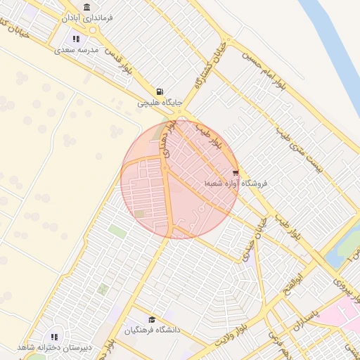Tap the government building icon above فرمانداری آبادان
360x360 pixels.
tap(86, 8)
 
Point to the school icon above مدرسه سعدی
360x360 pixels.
tap(76, 39)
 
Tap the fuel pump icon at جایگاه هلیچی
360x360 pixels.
tap(160, 91)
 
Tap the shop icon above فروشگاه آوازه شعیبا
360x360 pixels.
tap(236, 172)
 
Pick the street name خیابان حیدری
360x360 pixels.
tap(250, 239)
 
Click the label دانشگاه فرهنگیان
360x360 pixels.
tap(153, 330)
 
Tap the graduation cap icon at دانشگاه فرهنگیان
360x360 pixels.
tap(152, 319)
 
